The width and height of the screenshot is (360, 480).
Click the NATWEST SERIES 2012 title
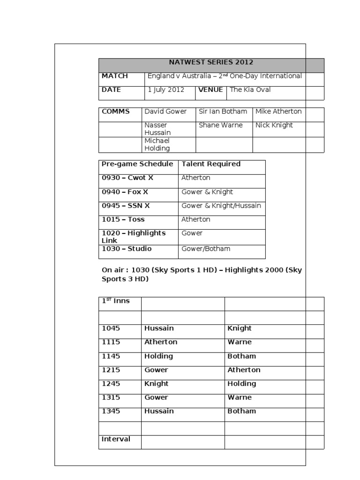pyautogui.click(x=211, y=62)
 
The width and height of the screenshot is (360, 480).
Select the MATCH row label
pyautogui.click(x=114, y=76)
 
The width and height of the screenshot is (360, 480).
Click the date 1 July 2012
pyautogui.click(x=166, y=90)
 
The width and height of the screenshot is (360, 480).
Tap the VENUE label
pyautogui.click(x=210, y=90)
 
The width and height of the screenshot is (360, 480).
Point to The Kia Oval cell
pyautogui.click(x=250, y=90)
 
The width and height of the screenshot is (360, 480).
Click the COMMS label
pyautogui.click(x=116, y=112)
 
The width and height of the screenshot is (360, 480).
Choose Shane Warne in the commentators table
pyautogui.click(x=220, y=125)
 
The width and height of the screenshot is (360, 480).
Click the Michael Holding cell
pyautogui.click(x=157, y=144)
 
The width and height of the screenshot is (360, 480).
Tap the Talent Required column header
pyautogui.click(x=211, y=164)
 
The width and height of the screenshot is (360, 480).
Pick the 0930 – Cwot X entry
pyautogui.click(x=127, y=178)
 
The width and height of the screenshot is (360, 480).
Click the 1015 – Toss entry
pyautogui.click(x=123, y=219)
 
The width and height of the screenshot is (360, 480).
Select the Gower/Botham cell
pyautogui.click(x=206, y=249)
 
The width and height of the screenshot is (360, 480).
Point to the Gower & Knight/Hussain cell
pyautogui.click(x=221, y=206)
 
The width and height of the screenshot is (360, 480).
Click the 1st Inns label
pyautogui.click(x=116, y=301)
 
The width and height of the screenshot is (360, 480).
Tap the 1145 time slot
pyautogui.click(x=111, y=356)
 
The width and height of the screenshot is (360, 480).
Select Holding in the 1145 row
pyautogui.click(x=158, y=356)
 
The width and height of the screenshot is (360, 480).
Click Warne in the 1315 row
pyautogui.click(x=240, y=397)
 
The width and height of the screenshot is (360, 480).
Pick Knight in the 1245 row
pyautogui.click(x=157, y=383)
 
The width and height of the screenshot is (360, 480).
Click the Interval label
pyautogui.click(x=116, y=439)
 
